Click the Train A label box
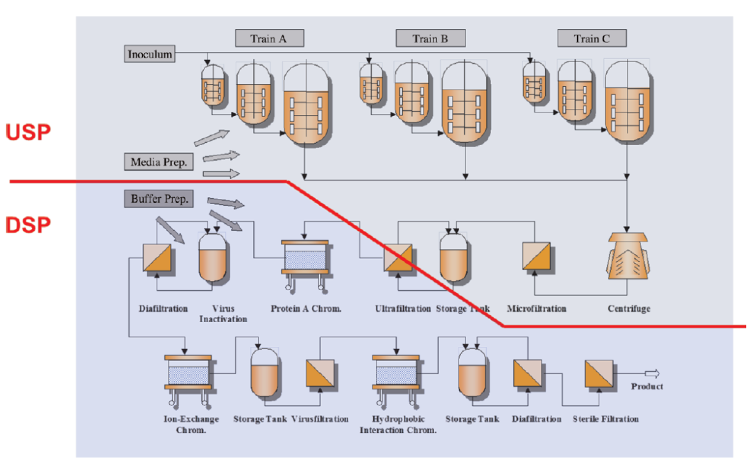[269, 39]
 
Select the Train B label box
[430, 39]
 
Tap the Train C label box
[592, 39]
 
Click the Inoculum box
[150, 54]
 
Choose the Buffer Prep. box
[159, 199]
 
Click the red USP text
[28, 132]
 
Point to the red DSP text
[28, 225]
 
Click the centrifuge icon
[627, 257]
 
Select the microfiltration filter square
[536, 255]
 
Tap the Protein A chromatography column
[305, 258]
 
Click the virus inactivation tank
[213, 255]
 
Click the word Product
[646, 387]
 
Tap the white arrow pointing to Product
[651, 373]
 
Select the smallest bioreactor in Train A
[212, 85]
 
